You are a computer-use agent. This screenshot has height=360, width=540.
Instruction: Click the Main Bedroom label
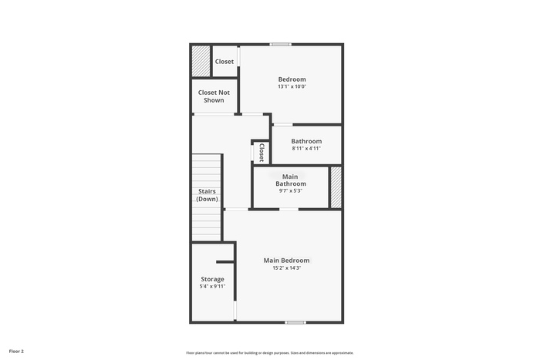pos(286,261)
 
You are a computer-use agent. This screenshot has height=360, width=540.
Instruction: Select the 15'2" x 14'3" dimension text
pos(287,267)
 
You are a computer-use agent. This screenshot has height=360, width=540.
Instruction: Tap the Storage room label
pos(212,279)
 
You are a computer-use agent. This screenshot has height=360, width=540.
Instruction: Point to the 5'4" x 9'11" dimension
pos(212,286)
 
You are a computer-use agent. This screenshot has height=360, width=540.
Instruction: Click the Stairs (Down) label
pos(207,195)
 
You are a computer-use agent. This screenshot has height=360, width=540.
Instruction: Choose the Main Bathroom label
pos(291,180)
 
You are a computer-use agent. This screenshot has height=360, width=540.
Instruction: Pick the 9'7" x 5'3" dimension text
pos(291,190)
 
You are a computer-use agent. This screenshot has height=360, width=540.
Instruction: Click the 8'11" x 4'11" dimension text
pos(306,148)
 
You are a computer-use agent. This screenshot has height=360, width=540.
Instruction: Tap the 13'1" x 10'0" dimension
pos(292,86)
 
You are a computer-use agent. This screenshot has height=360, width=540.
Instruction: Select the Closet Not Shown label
pos(214,96)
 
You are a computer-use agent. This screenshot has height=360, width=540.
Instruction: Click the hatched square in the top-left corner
pos(201,61)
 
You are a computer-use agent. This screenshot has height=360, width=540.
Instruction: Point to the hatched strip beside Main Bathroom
pos(336,187)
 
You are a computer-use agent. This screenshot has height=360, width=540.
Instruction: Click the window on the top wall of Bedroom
pos(280,44)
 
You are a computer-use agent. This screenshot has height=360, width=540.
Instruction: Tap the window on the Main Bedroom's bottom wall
pos(295,322)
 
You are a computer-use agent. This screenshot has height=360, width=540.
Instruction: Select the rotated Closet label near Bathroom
pos(262,153)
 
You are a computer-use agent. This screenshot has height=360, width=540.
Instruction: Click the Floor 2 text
pos(16,352)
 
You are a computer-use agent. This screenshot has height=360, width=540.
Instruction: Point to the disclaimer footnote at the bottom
pos(270,353)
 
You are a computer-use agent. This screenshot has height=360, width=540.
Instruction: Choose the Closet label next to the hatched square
pos(224,62)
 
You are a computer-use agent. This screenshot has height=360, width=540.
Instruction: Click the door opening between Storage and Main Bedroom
pos(235,311)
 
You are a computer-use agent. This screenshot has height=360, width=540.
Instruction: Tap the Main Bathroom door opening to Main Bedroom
pos(289,209)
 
